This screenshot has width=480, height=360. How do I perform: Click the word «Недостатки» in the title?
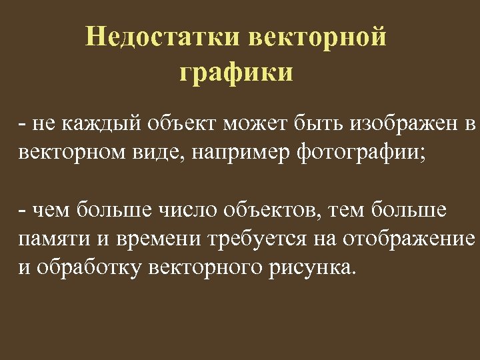163,37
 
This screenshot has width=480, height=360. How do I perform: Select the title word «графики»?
236,72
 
